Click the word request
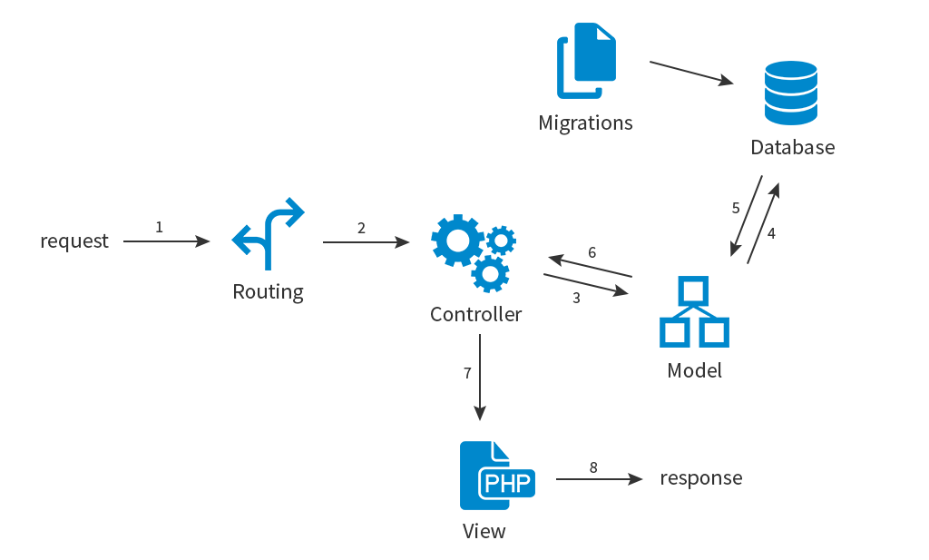pos(73,241)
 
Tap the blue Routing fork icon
pos(268,234)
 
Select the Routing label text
pos(268,292)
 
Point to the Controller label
pos(476,315)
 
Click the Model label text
pos(694,370)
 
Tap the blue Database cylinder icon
pos(790,93)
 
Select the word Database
pos(792,147)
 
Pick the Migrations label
pos(585,123)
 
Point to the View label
pos(484,531)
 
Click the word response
pos(700,477)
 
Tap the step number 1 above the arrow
pos(160,227)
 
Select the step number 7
pos(467,373)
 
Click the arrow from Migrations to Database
pos(691,74)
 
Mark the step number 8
pos(593,467)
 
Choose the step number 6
pos(592,252)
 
